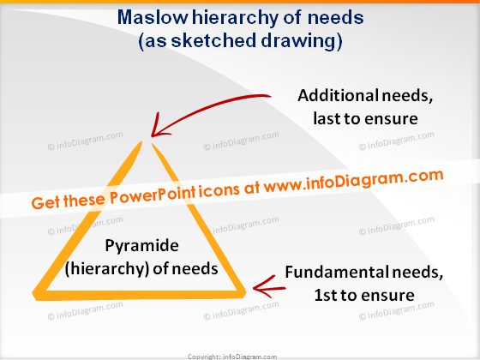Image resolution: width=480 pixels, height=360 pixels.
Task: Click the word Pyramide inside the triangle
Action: pyautogui.click(x=141, y=245)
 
